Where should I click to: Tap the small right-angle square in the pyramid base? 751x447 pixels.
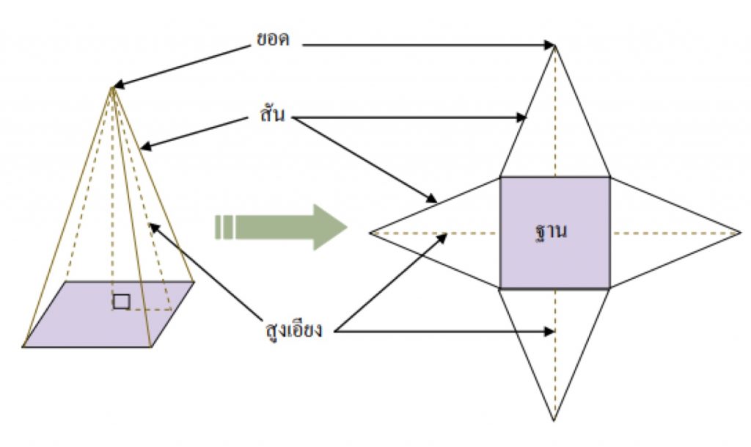(122, 301)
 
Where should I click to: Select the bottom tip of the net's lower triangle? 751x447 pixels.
(554, 421)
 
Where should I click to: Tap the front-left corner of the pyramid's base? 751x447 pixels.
(24, 346)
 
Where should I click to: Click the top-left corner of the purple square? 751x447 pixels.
(500, 177)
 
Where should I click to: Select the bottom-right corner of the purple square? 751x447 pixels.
(609, 288)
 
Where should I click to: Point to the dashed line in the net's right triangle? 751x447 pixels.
(675, 233)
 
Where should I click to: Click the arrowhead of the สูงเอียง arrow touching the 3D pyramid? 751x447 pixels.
(151, 225)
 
